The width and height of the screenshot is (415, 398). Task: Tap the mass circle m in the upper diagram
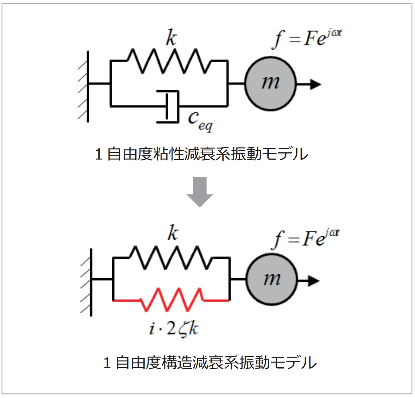pos(270,83)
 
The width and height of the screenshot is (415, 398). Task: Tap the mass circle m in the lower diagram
pos(272,280)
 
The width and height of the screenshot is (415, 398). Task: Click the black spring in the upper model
pos(169,61)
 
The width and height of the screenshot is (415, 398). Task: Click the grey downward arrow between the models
pos(200,192)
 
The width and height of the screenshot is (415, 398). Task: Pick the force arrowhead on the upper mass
pos(315,84)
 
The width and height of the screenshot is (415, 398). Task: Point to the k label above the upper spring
pos(172,38)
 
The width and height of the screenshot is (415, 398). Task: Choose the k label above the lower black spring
pos(173,233)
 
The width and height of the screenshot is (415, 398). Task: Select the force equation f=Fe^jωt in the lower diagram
pos(305,239)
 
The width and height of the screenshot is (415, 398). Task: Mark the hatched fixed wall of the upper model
pos(84,87)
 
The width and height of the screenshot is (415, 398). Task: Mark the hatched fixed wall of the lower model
pos(86,282)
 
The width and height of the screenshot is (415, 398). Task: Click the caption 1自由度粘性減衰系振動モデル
pos(201,154)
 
